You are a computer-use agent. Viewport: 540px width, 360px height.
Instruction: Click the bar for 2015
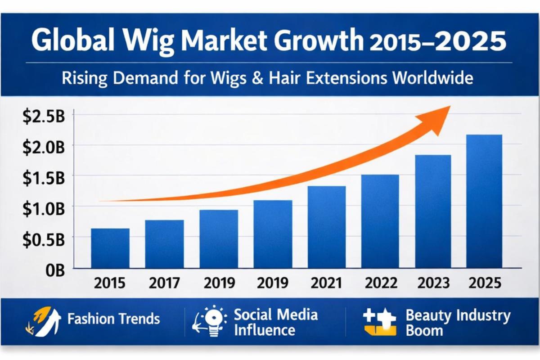coord(110,248)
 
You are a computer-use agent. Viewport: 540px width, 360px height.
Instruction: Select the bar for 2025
coord(484,201)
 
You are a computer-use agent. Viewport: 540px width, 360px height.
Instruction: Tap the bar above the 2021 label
coord(327,227)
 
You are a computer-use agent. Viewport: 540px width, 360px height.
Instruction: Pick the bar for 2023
coord(433,211)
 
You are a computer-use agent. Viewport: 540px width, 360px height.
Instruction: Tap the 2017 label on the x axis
coord(165,283)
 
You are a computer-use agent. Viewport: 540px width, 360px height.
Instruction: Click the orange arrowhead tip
coord(449,107)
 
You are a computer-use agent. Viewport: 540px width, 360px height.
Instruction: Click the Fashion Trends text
coord(113,319)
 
